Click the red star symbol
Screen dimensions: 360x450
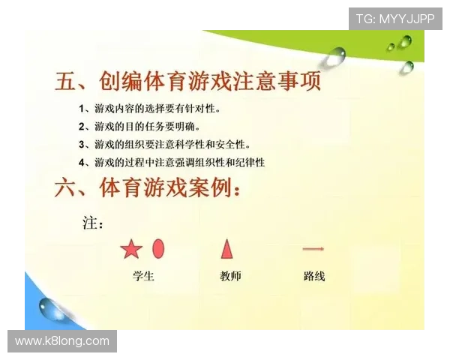131,249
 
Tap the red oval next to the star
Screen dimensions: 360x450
158,248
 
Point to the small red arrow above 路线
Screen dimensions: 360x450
313,249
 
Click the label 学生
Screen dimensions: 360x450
143,276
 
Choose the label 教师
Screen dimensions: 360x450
230,276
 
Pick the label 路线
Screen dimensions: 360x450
314,276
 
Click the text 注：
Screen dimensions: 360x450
92,223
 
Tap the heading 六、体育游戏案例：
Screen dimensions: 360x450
148,188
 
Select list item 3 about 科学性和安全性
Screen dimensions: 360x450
165,144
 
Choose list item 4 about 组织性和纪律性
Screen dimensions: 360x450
172,162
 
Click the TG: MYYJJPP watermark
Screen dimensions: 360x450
394,19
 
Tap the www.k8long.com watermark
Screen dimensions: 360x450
62,341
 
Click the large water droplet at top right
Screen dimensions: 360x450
335,55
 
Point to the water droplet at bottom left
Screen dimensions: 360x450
53,308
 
